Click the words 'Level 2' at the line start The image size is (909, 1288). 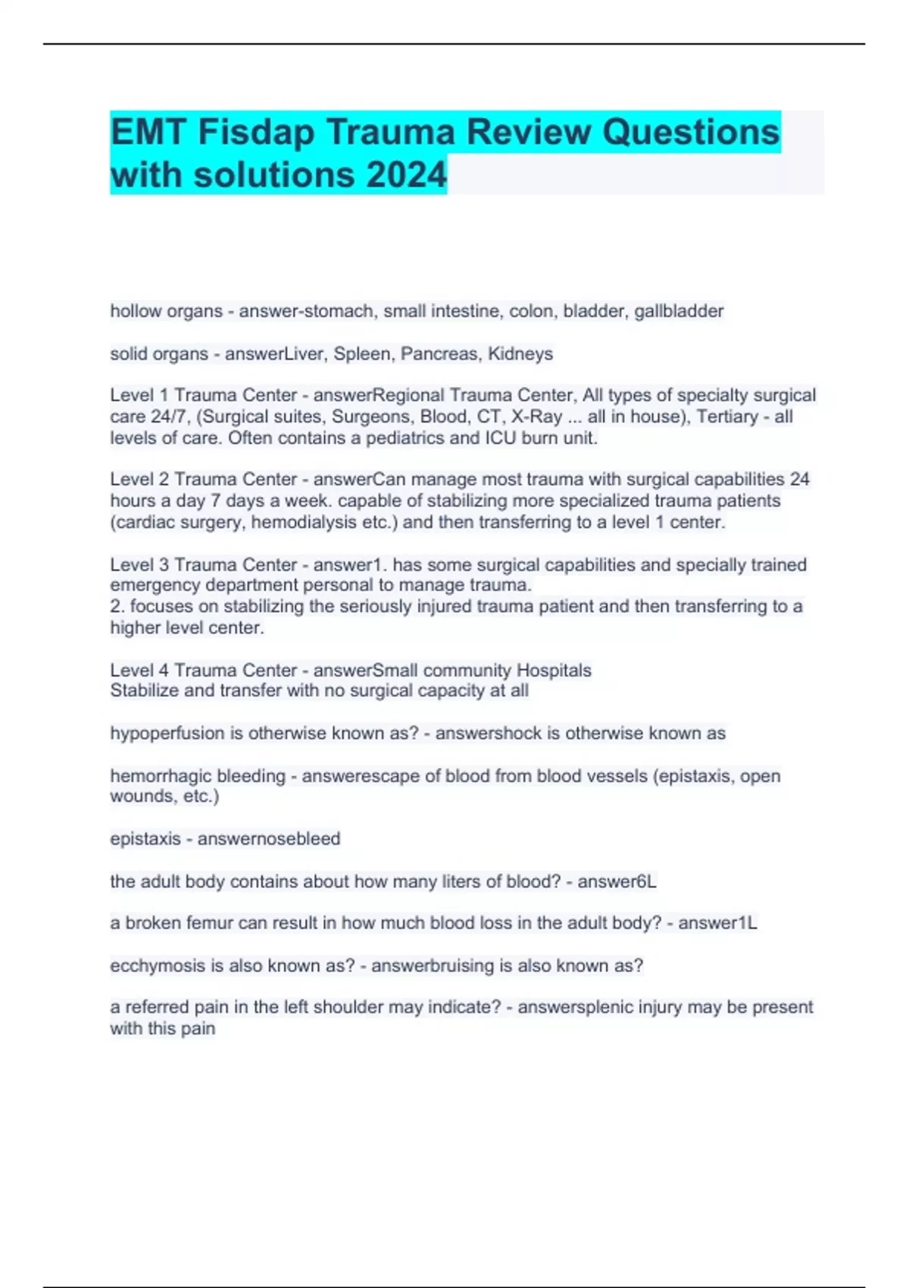pos(139,480)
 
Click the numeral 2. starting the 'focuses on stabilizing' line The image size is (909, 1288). pos(117,606)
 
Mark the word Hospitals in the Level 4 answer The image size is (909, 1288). pos(554,671)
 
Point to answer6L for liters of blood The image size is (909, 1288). pos(617,882)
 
